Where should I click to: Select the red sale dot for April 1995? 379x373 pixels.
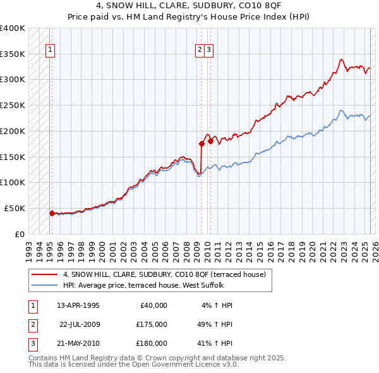tap(52, 213)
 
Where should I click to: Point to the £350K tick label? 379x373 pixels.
tap(13, 54)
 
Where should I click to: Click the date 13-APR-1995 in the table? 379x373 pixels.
tap(78, 305)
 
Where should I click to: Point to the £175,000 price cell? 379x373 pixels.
tap(152, 324)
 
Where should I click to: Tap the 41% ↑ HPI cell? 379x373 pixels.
tap(215, 343)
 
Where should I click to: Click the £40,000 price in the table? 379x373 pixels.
tap(153, 305)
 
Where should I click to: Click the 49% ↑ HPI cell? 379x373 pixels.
tap(215, 324)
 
